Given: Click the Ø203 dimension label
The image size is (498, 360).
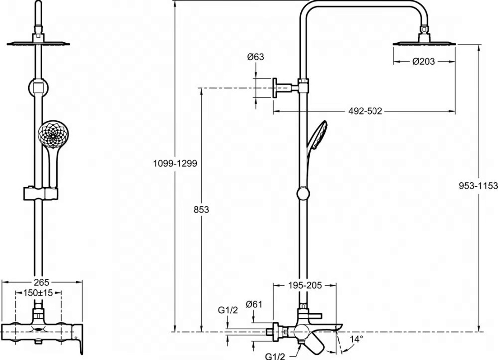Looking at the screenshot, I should pyautogui.click(x=424, y=62).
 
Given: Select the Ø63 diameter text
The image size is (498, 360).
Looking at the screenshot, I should pyautogui.click(x=255, y=57).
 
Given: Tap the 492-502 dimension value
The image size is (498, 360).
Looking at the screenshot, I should pyautogui.click(x=365, y=111).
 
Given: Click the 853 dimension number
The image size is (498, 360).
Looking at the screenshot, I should pyautogui.click(x=201, y=210).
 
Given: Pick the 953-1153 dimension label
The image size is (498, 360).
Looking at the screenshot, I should pyautogui.click(x=478, y=185).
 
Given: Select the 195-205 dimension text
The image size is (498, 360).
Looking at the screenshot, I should pyautogui.click(x=305, y=285).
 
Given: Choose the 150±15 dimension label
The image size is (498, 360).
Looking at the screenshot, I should pyautogui.click(x=38, y=293).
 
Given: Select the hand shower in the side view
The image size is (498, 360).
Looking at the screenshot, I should pyautogui.click(x=317, y=139).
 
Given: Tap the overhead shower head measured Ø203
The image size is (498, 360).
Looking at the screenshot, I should pyautogui.click(x=424, y=43).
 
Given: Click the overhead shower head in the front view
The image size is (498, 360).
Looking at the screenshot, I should pyautogui.click(x=38, y=43).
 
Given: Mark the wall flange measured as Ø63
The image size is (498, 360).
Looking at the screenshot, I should pyautogui.click(x=274, y=88).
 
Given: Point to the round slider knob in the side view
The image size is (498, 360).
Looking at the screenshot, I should pyautogui.click(x=303, y=193).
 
